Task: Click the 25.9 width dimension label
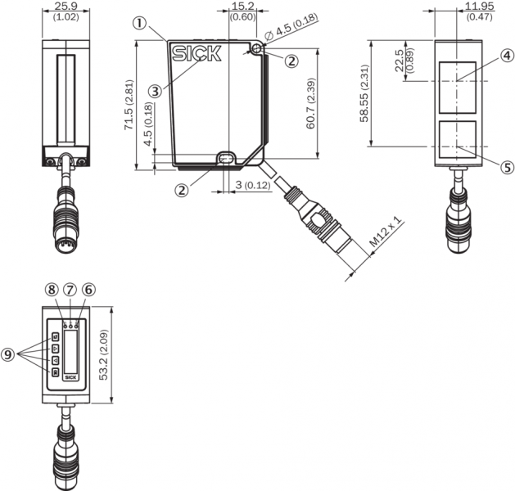pyautogui.click(x=66, y=7)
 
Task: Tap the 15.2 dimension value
pyautogui.click(x=242, y=7)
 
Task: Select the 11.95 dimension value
pyautogui.click(x=480, y=7)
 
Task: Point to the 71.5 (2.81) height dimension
pyautogui.click(x=129, y=105)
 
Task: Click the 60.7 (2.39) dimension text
pyautogui.click(x=310, y=103)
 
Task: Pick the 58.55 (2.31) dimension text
pyautogui.click(x=364, y=93)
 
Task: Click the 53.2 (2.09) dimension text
pyautogui.click(x=104, y=355)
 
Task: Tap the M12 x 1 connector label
pyautogui.click(x=386, y=232)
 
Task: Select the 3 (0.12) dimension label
pyautogui.click(x=253, y=185)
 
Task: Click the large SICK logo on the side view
pyautogui.click(x=197, y=53)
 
